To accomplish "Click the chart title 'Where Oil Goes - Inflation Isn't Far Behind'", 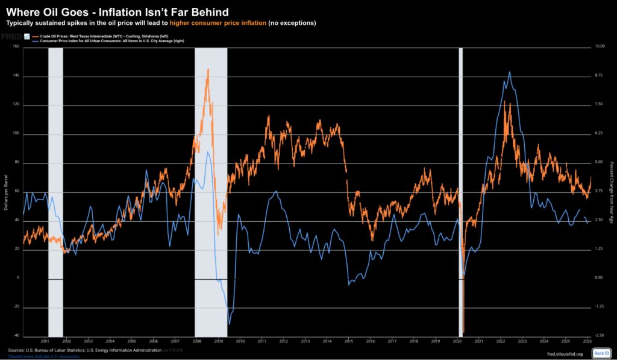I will point(117,11).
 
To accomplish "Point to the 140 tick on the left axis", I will point(16,76).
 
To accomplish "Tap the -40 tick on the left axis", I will point(16,335).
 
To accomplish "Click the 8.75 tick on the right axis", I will point(599,76).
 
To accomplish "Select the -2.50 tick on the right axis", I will point(599,335).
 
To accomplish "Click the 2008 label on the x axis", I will point(197,341).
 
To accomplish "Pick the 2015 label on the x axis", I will point(349,341).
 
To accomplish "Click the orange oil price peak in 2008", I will point(208,69).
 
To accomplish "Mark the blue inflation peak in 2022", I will point(510,72).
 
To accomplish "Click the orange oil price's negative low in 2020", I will point(463,332).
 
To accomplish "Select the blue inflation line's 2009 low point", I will point(230,323).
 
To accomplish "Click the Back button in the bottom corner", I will point(601,353).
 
